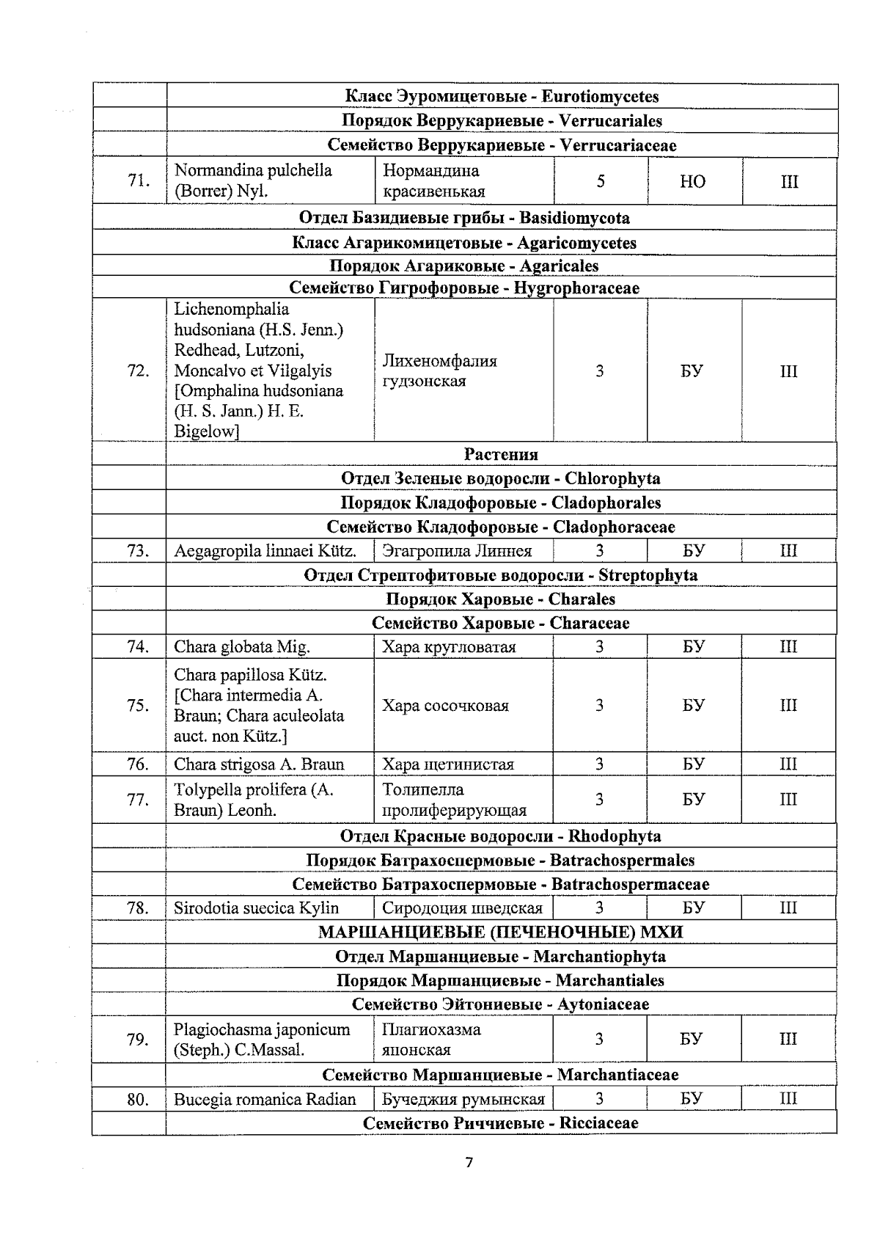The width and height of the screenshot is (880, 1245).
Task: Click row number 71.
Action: (x=138, y=180)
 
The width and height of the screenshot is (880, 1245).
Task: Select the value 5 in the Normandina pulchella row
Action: (x=600, y=181)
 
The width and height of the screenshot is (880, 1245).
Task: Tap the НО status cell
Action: (x=693, y=181)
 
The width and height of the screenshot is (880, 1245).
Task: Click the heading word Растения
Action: (x=501, y=454)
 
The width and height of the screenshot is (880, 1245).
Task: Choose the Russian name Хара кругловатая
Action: (x=449, y=647)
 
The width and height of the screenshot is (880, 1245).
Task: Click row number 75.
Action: (x=138, y=705)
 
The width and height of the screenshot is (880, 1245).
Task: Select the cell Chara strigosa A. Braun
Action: (x=259, y=764)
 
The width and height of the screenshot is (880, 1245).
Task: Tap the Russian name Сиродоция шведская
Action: (x=462, y=908)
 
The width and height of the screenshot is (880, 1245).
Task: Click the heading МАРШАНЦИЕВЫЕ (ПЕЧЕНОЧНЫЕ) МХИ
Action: (x=501, y=932)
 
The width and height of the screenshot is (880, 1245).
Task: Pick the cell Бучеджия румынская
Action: (x=463, y=1099)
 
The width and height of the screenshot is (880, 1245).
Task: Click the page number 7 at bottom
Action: (x=469, y=1162)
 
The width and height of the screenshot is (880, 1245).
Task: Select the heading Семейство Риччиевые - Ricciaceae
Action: (x=501, y=1123)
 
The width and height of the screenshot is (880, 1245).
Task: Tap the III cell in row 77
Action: (x=788, y=799)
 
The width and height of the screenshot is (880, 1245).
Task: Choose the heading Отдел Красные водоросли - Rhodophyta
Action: (x=501, y=836)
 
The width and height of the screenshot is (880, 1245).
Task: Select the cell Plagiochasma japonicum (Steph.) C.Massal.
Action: (x=262, y=1039)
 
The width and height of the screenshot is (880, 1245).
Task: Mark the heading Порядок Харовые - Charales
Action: (x=501, y=599)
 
